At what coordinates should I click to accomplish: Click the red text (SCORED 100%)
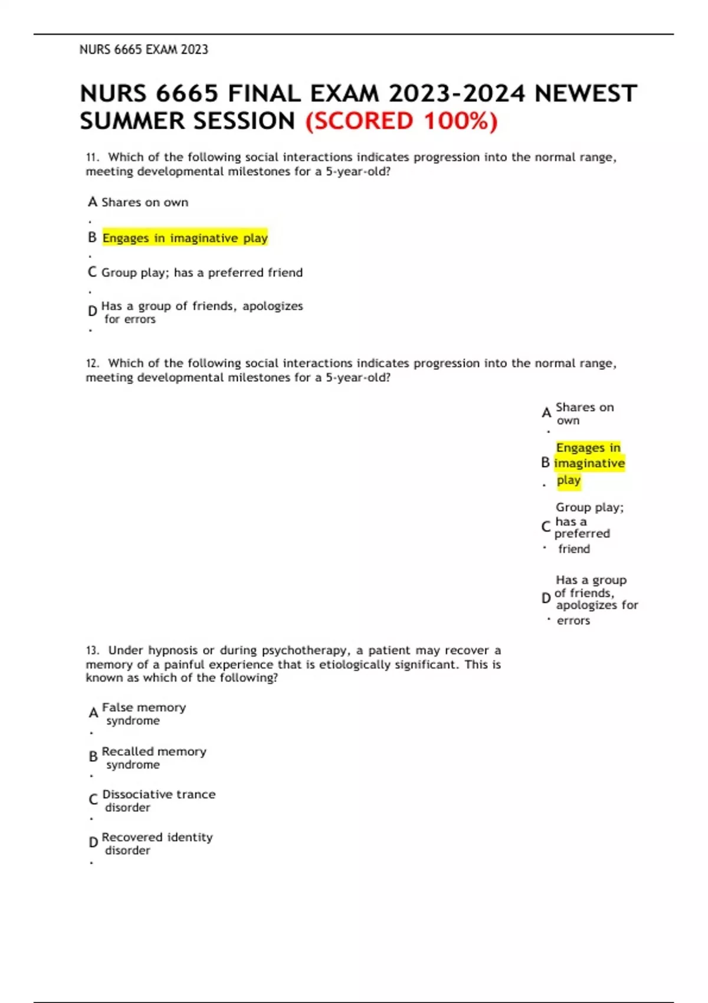(401, 121)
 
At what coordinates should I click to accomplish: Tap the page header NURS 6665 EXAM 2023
(143, 50)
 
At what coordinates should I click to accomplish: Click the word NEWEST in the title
(585, 94)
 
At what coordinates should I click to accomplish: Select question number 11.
(92, 158)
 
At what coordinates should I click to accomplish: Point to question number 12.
(92, 363)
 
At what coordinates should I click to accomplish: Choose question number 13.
(92, 651)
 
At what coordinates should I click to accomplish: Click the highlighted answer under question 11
(185, 238)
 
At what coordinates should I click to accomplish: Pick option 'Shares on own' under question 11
(145, 202)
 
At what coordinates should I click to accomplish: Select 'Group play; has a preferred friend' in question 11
(202, 273)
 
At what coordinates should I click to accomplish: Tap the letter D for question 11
(92, 311)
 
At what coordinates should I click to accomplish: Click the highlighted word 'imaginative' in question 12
(589, 464)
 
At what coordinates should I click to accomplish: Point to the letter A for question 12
(546, 413)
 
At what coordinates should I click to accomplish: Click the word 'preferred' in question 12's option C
(582, 533)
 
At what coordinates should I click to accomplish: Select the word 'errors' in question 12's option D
(573, 621)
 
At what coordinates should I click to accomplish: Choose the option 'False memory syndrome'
(143, 713)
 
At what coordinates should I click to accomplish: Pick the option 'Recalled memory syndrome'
(153, 758)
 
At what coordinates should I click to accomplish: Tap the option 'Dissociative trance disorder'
(158, 801)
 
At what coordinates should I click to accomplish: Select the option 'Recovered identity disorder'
(156, 844)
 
